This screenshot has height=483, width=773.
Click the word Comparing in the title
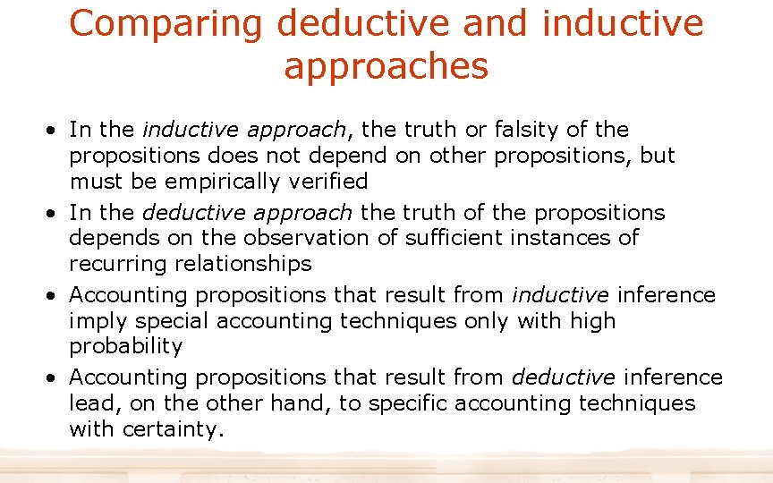pos(166,24)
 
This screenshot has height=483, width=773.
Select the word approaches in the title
pos(386,66)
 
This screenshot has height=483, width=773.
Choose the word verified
pos(327,182)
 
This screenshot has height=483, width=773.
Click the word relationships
pos(238,264)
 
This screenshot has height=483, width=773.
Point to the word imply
pos(93,321)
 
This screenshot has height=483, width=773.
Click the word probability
pos(125,346)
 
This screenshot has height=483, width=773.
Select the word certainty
pos(169,429)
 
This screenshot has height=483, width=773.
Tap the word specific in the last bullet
pos(406,403)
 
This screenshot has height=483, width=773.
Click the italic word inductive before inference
pos(559,295)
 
